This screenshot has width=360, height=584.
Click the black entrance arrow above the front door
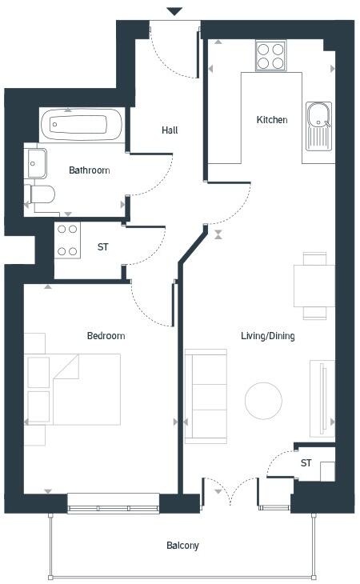tap(174, 11)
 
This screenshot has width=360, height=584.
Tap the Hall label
tap(170, 130)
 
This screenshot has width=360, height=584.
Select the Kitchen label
tap(271, 120)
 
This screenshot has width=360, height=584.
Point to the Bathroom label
tap(89, 170)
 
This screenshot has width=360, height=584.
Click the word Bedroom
tap(106, 336)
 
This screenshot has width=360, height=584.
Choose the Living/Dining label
tap(268, 336)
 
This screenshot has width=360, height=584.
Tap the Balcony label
tap(182, 546)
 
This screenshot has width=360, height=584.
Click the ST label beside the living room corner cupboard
tap(306, 463)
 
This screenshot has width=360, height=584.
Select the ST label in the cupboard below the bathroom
tap(102, 247)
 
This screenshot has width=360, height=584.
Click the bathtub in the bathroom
tap(81, 124)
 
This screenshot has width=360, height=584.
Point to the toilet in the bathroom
tap(40, 194)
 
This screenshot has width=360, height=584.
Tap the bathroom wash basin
tap(35, 164)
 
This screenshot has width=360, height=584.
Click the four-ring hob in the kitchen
tap(270, 56)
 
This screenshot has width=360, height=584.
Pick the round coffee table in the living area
tap(263, 401)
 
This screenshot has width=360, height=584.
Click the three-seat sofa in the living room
tap(206, 396)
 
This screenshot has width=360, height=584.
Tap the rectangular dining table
tap(314, 286)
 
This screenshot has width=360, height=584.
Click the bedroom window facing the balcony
tap(114, 502)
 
